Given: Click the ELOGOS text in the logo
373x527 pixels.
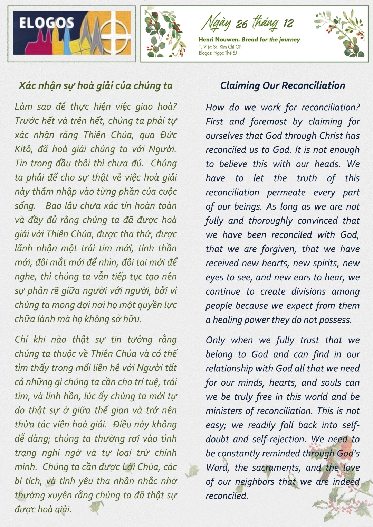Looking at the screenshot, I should pos(46,23).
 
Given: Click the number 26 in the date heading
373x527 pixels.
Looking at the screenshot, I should pos(242,24).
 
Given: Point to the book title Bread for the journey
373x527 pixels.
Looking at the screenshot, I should pos(271,39).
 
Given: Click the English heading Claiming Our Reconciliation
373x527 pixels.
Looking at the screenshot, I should pos(283,85).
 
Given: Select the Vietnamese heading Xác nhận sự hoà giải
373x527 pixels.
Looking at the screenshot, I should pos(96,85).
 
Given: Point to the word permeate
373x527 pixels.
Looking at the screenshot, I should pos(286,192).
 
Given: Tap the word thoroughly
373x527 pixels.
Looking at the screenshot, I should pos(270,221).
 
